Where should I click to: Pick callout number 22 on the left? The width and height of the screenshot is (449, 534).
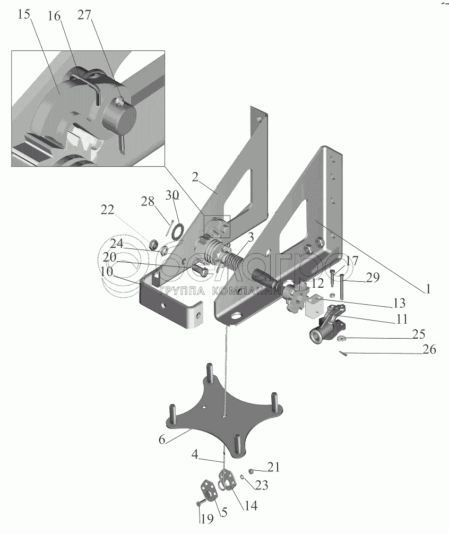[x=107, y=210]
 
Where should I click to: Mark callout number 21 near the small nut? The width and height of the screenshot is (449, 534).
[x=273, y=467]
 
